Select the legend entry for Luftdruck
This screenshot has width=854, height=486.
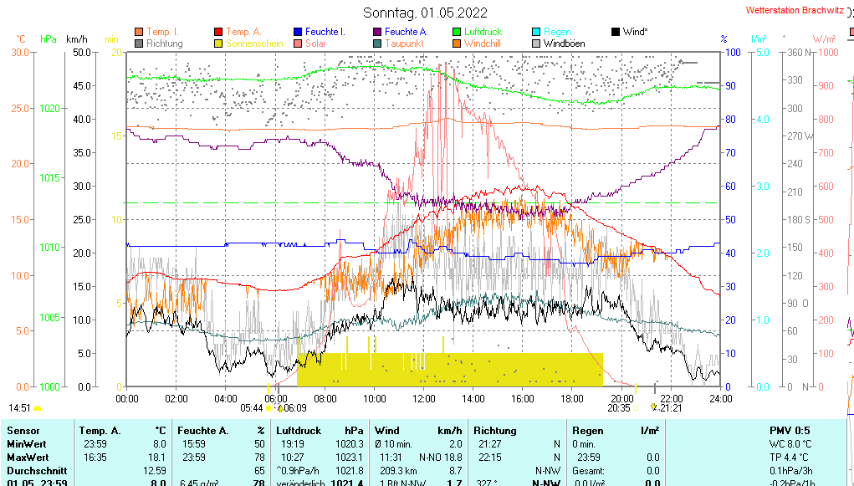click(x=483, y=32)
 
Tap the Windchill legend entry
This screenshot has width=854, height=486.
click(x=483, y=43)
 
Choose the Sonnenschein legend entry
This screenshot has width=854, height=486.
click(x=254, y=43)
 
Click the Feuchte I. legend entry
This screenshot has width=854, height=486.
click(x=325, y=32)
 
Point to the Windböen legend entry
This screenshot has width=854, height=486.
click(x=564, y=43)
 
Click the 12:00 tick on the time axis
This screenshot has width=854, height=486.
click(x=424, y=398)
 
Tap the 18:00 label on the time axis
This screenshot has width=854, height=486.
click(x=572, y=398)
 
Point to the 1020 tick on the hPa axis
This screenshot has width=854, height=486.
click(x=49, y=108)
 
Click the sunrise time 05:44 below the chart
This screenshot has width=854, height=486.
click(x=251, y=408)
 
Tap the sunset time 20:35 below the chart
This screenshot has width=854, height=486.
click(x=619, y=408)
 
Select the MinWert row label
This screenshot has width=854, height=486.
click(x=26, y=443)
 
